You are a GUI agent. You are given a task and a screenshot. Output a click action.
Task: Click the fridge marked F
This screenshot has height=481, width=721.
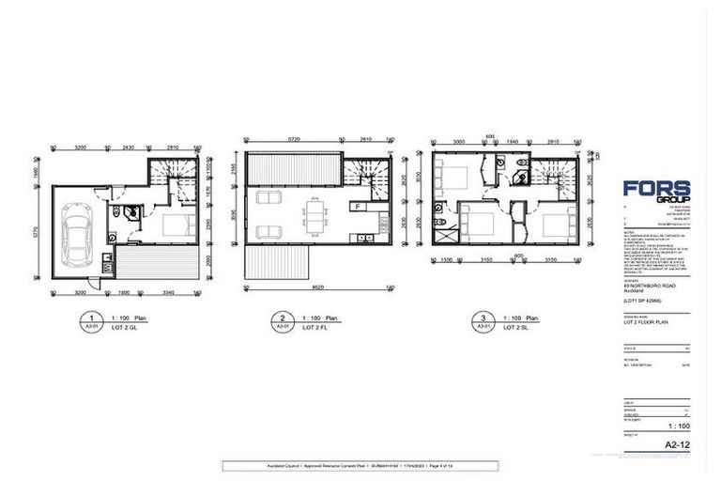click(x=358, y=205)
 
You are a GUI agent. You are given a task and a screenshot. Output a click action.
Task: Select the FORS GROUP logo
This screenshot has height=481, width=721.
click(x=656, y=191)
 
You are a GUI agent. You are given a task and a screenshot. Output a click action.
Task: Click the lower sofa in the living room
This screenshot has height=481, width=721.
click(x=266, y=232)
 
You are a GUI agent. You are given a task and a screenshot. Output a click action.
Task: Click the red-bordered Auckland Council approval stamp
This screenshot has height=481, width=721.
click(x=360, y=465)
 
